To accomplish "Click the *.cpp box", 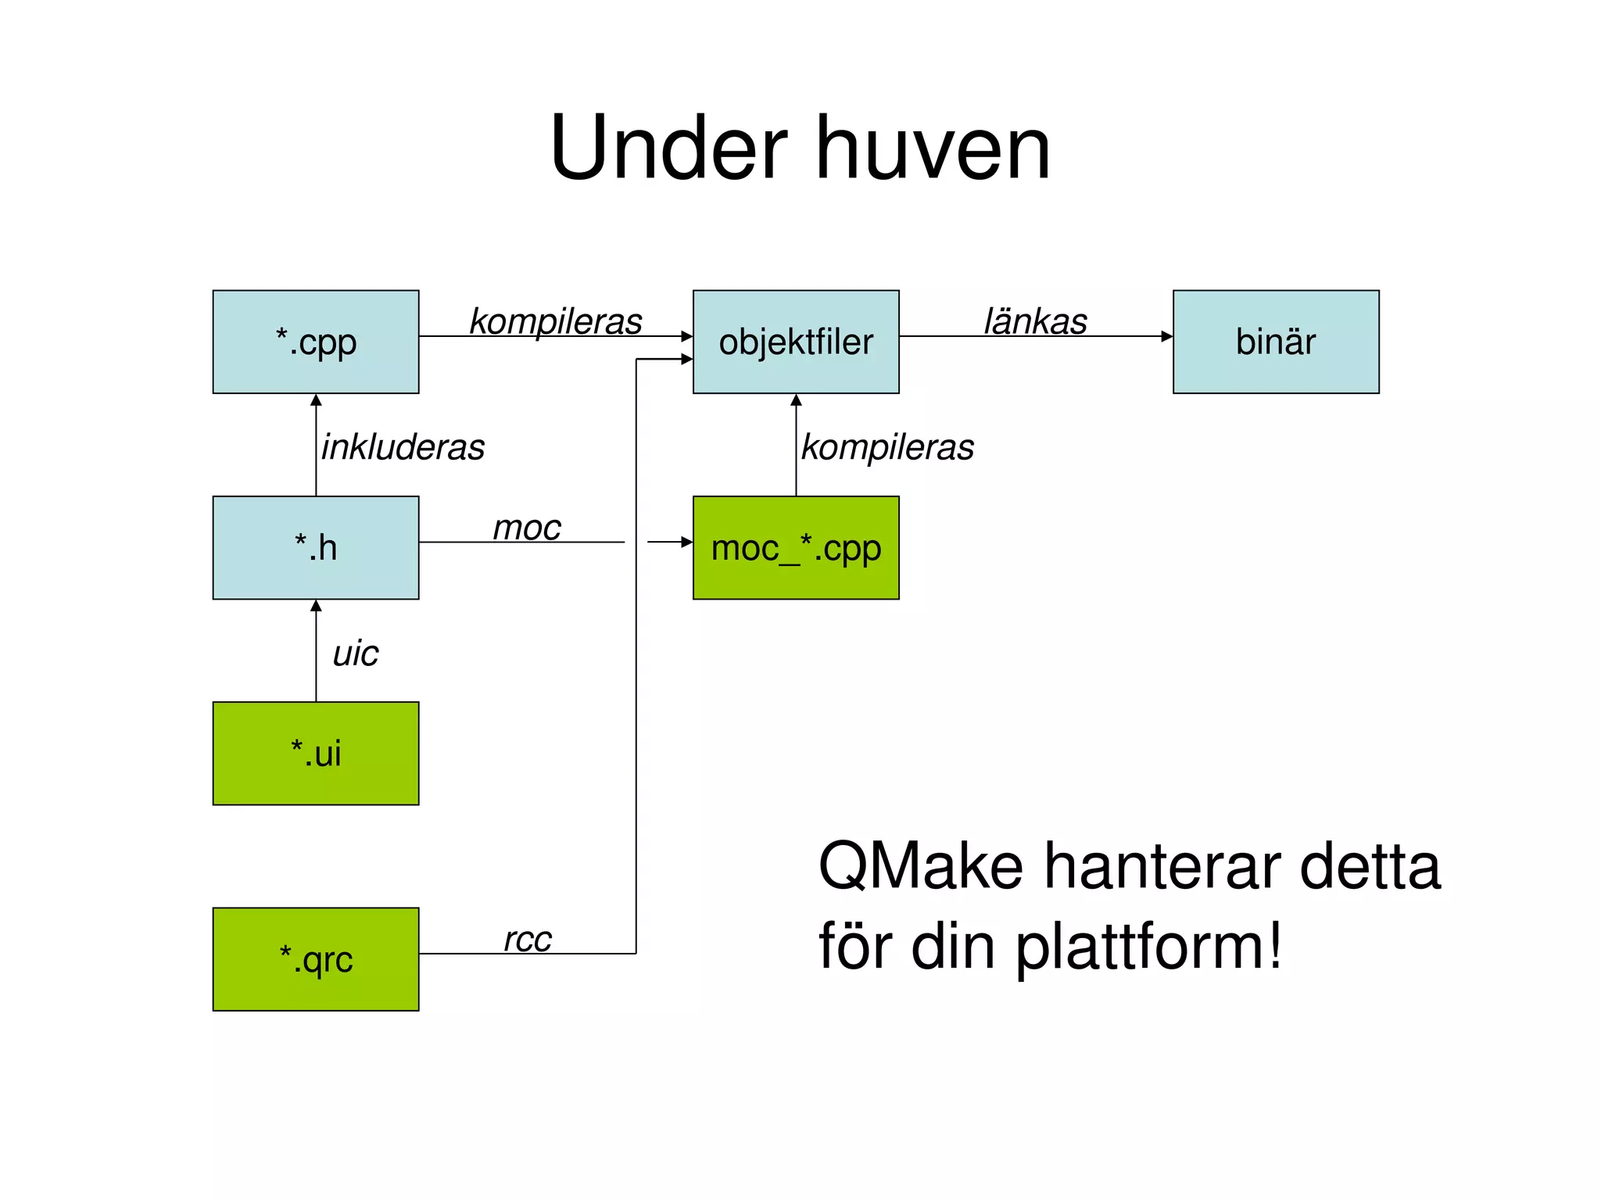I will (x=316, y=342).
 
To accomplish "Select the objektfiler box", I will (x=796, y=342).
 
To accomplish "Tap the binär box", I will (x=1276, y=342).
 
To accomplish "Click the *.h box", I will (x=316, y=547).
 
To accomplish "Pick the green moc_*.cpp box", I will (x=796, y=547).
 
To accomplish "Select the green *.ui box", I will (x=316, y=753).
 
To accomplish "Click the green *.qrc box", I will (x=316, y=958).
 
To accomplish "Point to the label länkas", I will (x=1035, y=321).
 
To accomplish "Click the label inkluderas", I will (x=403, y=447).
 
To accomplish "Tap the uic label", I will (x=355, y=653).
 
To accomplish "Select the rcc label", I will (x=528, y=938).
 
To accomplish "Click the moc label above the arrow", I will (x=526, y=528).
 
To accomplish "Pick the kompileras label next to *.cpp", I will (x=555, y=321).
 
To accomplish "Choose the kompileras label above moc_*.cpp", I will (x=887, y=447).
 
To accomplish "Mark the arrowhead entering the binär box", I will (x=1167, y=336).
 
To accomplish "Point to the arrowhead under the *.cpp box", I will (x=316, y=400).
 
